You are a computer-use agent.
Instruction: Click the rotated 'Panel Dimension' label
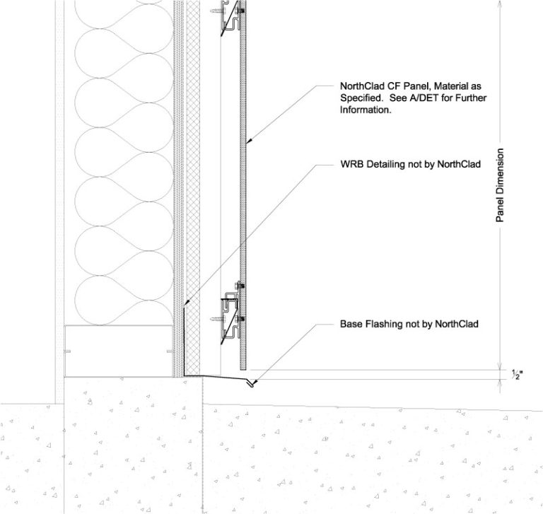[500, 186]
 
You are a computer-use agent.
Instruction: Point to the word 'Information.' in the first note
[366, 110]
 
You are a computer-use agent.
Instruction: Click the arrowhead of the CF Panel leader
[247, 141]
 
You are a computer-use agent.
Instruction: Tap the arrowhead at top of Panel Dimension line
[501, 4]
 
